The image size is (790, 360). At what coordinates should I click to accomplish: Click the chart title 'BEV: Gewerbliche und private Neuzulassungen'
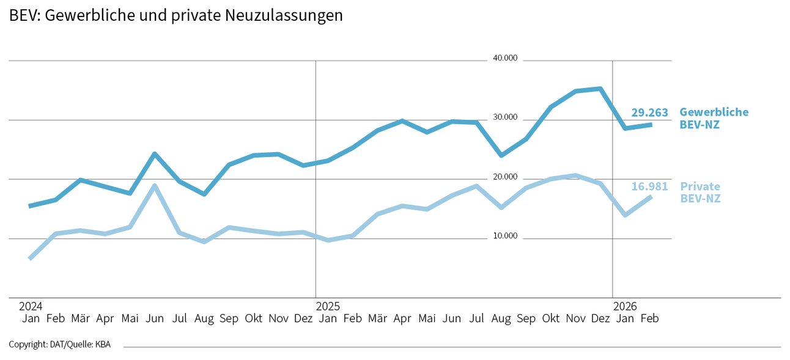point(175,16)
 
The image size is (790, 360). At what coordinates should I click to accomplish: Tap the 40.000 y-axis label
point(505,59)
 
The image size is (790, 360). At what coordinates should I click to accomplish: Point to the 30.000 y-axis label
point(505,117)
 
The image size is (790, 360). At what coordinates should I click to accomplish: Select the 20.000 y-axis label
point(505,177)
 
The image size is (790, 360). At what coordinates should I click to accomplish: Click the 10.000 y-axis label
point(505,236)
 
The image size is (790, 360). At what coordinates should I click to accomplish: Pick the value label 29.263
point(649,112)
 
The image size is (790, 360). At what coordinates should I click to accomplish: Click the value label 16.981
point(649,186)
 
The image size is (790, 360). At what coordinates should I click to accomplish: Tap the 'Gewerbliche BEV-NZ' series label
point(713,119)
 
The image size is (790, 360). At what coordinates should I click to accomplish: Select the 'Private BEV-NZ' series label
point(700,193)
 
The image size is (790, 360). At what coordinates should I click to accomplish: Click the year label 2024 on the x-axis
point(30,306)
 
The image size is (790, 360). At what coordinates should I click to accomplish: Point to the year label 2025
point(328,306)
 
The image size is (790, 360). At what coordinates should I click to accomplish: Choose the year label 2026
point(625,306)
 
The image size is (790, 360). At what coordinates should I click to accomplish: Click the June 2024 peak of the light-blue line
point(155,186)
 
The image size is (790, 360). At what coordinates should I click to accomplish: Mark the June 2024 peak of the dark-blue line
point(155,154)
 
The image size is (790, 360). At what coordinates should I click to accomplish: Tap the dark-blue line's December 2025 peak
point(600,89)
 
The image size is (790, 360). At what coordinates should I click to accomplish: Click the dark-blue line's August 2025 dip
point(501,155)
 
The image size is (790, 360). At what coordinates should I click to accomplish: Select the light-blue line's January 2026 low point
point(625,215)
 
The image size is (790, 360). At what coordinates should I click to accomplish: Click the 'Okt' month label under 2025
point(551,318)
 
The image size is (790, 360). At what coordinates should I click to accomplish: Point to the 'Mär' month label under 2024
point(80,318)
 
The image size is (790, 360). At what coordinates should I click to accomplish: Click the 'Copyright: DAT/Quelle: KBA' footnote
point(60,345)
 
